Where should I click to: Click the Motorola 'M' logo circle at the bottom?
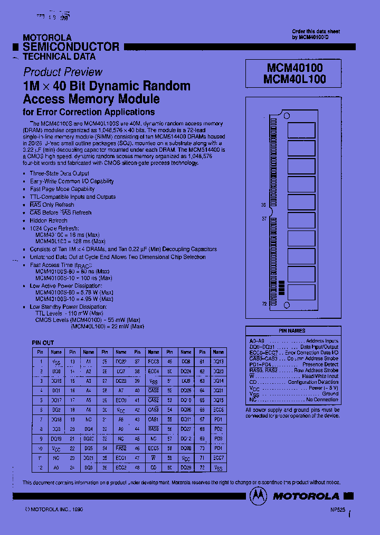pyautogui.click(x=258, y=496)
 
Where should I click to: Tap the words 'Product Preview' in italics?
pyautogui.click(x=63, y=72)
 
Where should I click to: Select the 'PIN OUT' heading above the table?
pyautogui.click(x=43, y=343)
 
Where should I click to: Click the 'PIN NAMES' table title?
pyautogui.click(x=292, y=330)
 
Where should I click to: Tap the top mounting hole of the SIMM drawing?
pyautogui.click(x=287, y=112)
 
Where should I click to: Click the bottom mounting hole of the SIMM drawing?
pyautogui.click(x=287, y=306)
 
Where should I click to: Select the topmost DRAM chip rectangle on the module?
pyautogui.click(x=301, y=130)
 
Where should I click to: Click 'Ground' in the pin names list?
pyautogui.click(x=330, y=394)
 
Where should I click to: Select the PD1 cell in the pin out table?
pyautogui.click(x=218, y=419)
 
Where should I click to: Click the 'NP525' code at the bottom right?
pyautogui.click(x=338, y=510)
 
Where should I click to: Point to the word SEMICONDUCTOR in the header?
pyautogui.click(x=71, y=47)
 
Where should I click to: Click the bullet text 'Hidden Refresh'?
pyautogui.click(x=49, y=220)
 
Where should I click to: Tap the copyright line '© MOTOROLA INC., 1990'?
pyautogui.click(x=54, y=510)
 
